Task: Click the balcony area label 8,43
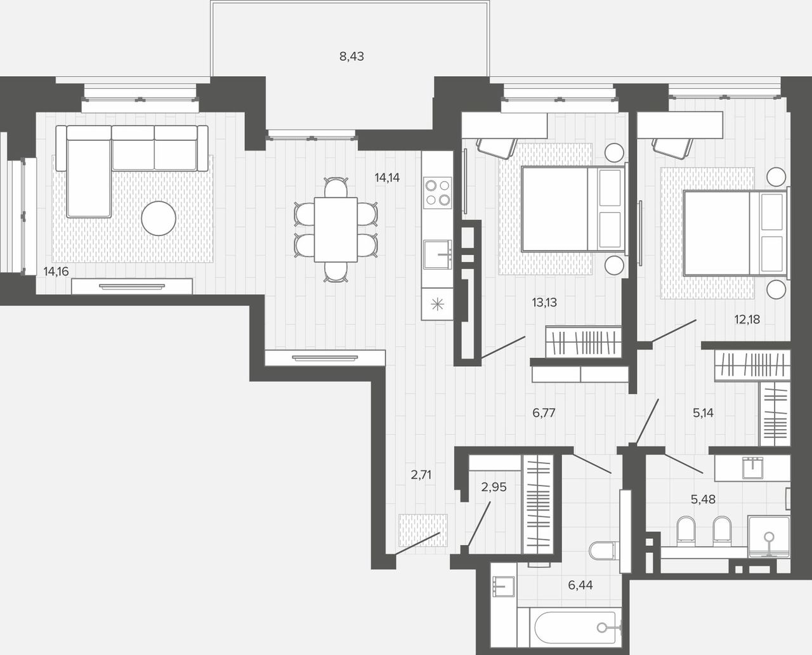(351, 56)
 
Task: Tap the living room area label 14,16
(56, 272)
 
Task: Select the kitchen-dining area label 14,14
(387, 178)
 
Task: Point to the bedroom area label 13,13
(544, 302)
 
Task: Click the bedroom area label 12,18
(747, 319)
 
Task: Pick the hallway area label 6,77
(544, 413)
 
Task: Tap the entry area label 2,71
(421, 475)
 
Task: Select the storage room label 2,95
(494, 487)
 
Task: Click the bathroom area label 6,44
(580, 585)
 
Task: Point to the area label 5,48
(703, 499)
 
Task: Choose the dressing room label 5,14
(703, 413)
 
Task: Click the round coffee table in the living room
(159, 218)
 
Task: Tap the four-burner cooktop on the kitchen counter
(438, 192)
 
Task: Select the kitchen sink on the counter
(438, 255)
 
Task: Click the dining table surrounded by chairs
(336, 230)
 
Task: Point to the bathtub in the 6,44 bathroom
(569, 628)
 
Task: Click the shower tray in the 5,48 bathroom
(769, 537)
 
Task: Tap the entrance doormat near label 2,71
(423, 531)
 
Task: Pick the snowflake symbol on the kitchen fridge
(437, 304)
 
